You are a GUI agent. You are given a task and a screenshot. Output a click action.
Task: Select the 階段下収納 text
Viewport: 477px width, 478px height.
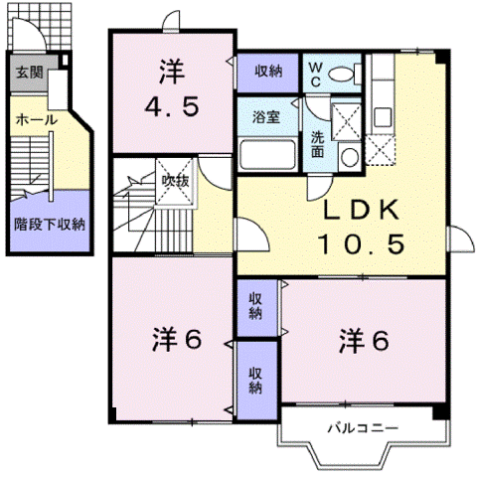tap(49, 224)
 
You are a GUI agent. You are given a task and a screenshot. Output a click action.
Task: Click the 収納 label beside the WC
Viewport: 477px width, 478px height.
tap(266, 71)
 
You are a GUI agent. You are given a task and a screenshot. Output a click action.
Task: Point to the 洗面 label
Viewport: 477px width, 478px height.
tap(316, 145)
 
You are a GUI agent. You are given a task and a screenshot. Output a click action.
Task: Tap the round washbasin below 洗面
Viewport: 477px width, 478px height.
tap(348, 156)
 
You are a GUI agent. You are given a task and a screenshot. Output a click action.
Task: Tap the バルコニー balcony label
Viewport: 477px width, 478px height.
tap(363, 428)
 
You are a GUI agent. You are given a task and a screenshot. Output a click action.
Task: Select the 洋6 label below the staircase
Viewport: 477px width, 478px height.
tap(177, 340)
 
